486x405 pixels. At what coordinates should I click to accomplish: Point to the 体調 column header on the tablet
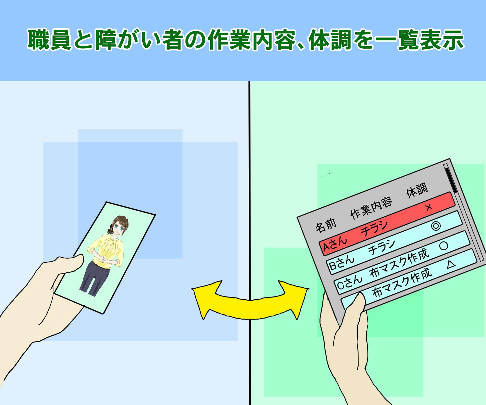pos(417,190)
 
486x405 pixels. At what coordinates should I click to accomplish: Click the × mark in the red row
pos(428,207)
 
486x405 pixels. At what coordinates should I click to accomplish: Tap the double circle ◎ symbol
pos(436,225)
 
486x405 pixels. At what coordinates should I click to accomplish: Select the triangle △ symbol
pos(451,264)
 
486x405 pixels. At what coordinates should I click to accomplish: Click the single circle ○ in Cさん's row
pos(444,245)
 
